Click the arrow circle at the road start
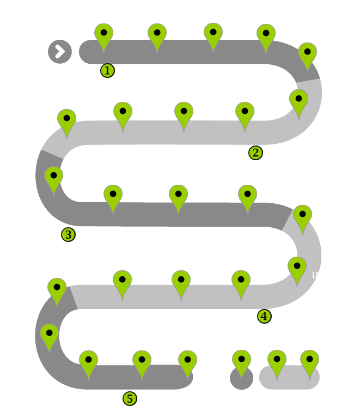point(60,52)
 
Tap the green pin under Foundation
point(102,34)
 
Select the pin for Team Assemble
point(157,34)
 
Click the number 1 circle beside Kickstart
point(107,70)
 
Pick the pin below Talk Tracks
point(245,112)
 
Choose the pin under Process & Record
point(66,119)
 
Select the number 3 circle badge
point(69,235)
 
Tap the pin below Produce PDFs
point(241,281)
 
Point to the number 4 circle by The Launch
point(264,315)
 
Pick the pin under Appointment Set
point(142,361)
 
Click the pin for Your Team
point(241,361)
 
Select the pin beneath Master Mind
point(310,361)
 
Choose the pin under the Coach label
point(276,361)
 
